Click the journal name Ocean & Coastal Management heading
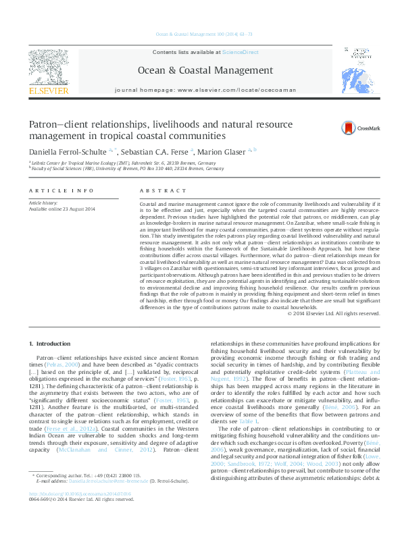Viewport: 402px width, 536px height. (200, 70)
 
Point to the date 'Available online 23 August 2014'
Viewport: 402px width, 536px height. (61, 208)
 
